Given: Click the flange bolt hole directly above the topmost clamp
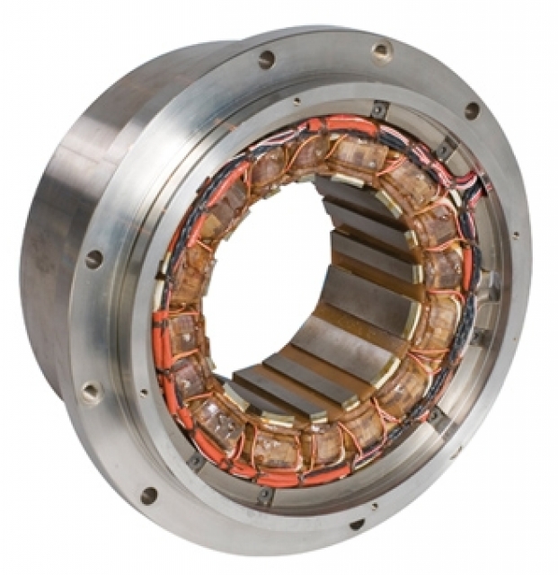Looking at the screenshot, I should [x=381, y=51].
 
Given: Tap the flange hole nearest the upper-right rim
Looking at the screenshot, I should [x=471, y=111].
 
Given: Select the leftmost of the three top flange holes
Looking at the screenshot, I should [x=267, y=59].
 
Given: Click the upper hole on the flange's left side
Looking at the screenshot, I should [x=93, y=260].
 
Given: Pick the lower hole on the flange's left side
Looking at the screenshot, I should [x=92, y=392].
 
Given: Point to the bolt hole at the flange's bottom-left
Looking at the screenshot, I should [x=148, y=495].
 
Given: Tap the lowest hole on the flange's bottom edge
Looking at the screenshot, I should [x=357, y=524].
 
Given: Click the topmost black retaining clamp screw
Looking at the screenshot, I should [x=378, y=110].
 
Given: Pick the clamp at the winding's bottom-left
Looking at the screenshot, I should [x=195, y=462].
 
